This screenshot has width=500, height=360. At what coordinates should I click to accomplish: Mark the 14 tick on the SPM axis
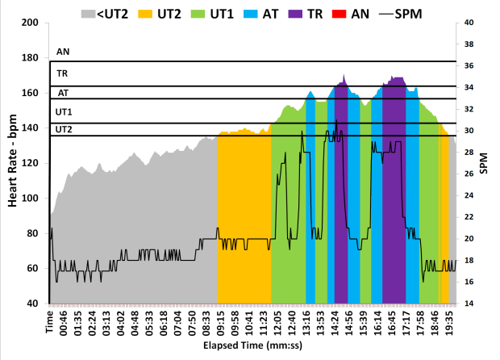coord(469,303)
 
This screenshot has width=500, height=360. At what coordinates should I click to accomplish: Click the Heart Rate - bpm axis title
coord(14,162)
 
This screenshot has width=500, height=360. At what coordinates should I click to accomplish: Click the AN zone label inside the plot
coord(63,52)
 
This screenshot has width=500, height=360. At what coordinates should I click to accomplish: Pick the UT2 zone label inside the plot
coord(64,128)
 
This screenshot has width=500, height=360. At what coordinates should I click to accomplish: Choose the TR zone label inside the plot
coord(62,73)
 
